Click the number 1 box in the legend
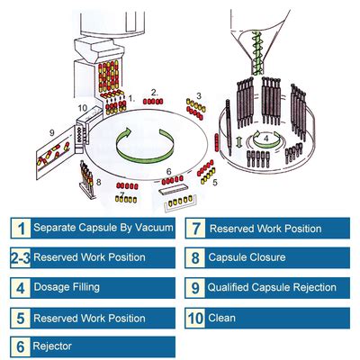click(x=18, y=228)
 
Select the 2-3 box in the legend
click(x=18, y=258)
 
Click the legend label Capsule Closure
click(x=247, y=258)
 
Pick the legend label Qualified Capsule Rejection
click(x=271, y=288)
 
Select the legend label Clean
click(x=220, y=318)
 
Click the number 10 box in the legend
click(x=195, y=318)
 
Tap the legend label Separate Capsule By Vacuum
click(x=103, y=228)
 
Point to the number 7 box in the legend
click(x=195, y=229)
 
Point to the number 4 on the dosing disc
click(x=265, y=139)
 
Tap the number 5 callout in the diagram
click(x=214, y=180)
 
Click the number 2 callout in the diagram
click(x=155, y=91)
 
